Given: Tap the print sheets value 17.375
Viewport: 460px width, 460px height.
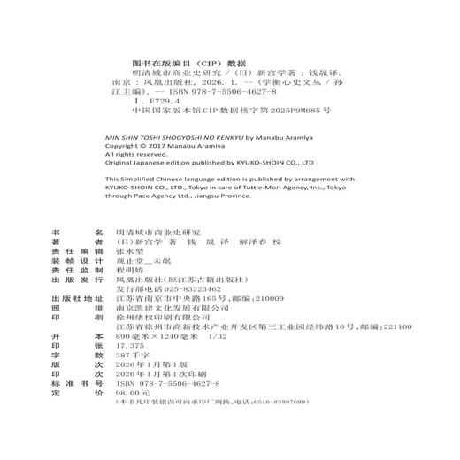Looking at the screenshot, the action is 129,372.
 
